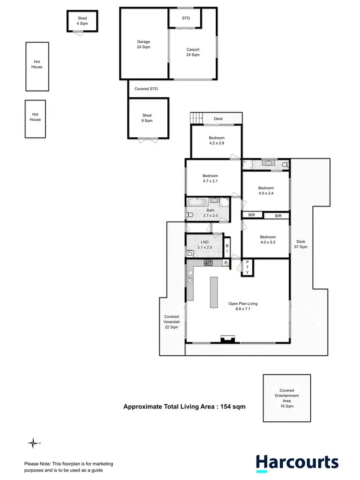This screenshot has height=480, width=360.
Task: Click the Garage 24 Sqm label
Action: pyautogui.click(x=143, y=44)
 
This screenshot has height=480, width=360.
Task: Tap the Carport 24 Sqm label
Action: pyautogui.click(x=193, y=52)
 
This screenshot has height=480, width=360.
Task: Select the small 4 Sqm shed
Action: pyautogui.click(x=82, y=20)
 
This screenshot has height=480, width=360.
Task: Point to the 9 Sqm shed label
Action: pyautogui.click(x=147, y=118)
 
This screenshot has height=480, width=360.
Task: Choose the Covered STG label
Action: pyautogui.click(x=146, y=89)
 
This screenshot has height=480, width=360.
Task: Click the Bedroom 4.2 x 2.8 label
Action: pyautogui.click(x=217, y=141)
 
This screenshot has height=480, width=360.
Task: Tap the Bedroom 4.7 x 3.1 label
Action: pyautogui.click(x=210, y=178)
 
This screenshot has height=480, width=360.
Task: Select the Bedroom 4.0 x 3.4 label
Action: pyautogui.click(x=266, y=190)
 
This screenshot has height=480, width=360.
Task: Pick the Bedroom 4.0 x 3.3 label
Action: pyautogui.click(x=268, y=240)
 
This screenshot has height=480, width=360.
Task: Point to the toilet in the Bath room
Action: pyautogui.click(x=190, y=215)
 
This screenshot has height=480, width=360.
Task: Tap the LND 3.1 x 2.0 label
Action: pyautogui.click(x=204, y=245)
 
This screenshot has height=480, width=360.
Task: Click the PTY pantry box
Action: pyautogui.click(x=247, y=268)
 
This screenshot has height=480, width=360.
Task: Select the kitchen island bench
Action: pyautogui.click(x=214, y=293)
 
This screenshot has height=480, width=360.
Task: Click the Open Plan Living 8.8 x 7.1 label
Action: pyautogui.click(x=243, y=306)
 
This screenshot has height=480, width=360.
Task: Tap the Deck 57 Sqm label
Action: pyautogui.click(x=301, y=244)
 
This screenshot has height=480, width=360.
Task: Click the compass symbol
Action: pyautogui.click(x=33, y=443)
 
